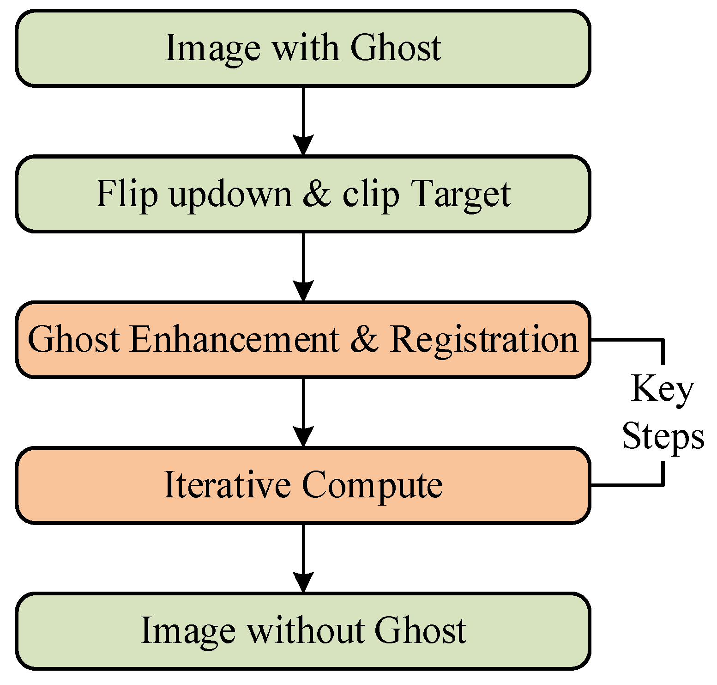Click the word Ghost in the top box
[x=395, y=47]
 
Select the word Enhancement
[x=235, y=339]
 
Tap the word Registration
[x=484, y=339]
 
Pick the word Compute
[x=372, y=486]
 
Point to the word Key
[x=662, y=389]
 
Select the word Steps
[x=663, y=436]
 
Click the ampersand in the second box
[x=317, y=193]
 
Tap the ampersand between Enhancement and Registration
[x=364, y=339]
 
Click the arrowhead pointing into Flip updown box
[x=303, y=145]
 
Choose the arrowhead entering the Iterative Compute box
[x=303, y=437]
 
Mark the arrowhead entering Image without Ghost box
[x=303, y=582]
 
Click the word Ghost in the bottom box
[x=420, y=630]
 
